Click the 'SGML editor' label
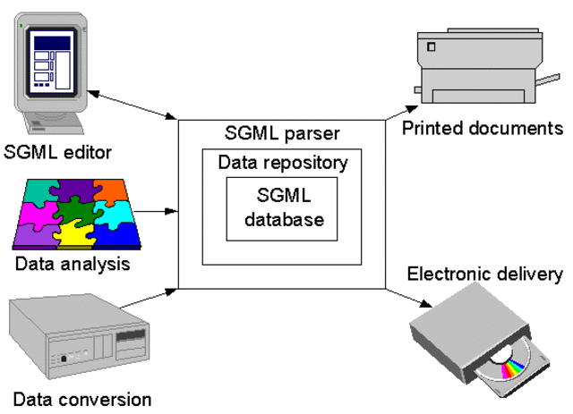(59, 152)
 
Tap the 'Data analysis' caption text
(73, 265)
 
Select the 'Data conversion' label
(82, 399)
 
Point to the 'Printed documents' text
(482, 128)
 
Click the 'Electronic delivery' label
(484, 274)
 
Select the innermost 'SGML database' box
(282, 208)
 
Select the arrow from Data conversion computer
(149, 298)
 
